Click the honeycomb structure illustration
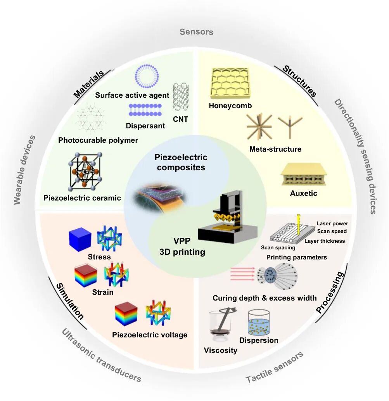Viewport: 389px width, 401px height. tap(230, 83)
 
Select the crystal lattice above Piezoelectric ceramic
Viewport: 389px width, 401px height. tap(85, 172)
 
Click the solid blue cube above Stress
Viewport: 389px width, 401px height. tap(80, 239)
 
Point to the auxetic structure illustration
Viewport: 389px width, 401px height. tap(303, 175)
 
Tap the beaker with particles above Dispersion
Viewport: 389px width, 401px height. tap(259, 322)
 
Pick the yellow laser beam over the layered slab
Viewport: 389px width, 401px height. tap(298, 225)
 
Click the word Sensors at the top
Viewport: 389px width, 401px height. tap(196, 32)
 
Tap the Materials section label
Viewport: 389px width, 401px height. tap(88, 84)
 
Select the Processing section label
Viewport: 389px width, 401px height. tap(330, 292)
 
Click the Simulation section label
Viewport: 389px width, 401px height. tap(69, 301)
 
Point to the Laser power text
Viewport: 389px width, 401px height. tap(332, 223)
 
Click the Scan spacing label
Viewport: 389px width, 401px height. tap(278, 247)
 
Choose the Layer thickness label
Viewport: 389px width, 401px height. tap(325, 241)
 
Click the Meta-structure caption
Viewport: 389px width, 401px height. tap(275, 149)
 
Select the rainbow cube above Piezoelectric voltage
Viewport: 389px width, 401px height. tap(126, 314)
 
